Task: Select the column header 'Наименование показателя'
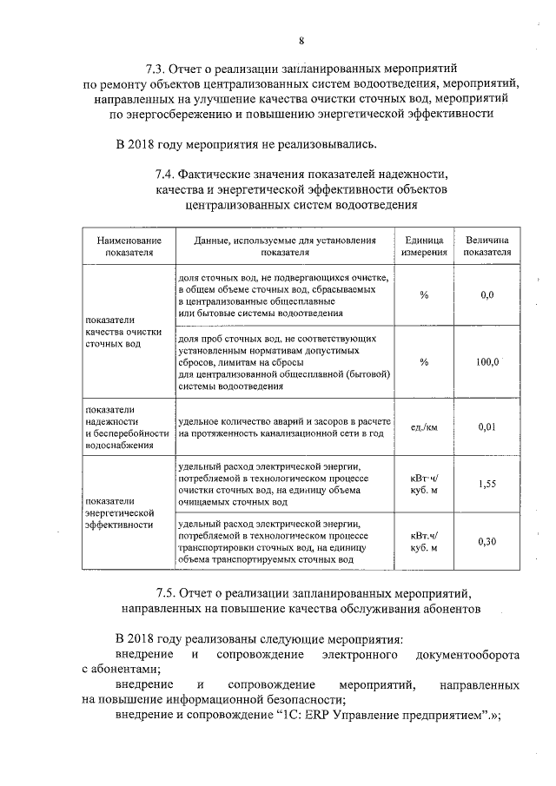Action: pos(129,246)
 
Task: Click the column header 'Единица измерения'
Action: pos(425,246)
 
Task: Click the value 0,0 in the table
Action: pos(486,295)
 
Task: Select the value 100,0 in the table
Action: pos(486,362)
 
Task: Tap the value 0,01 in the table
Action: pos(486,426)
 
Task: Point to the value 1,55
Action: pos(486,485)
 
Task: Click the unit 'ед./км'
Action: pos(425,426)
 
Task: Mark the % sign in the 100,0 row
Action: pos(424,362)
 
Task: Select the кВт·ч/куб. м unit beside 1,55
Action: pos(425,485)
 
